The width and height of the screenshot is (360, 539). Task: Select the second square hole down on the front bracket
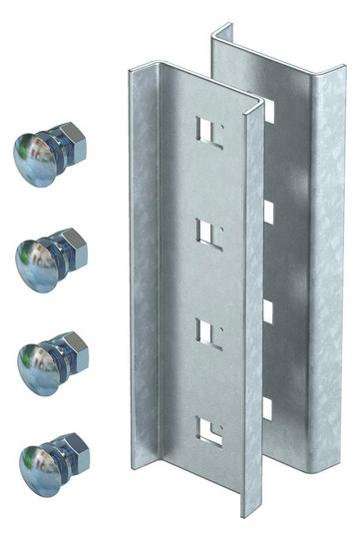coord(206,233)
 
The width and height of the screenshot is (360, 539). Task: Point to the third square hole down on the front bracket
coord(206,330)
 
